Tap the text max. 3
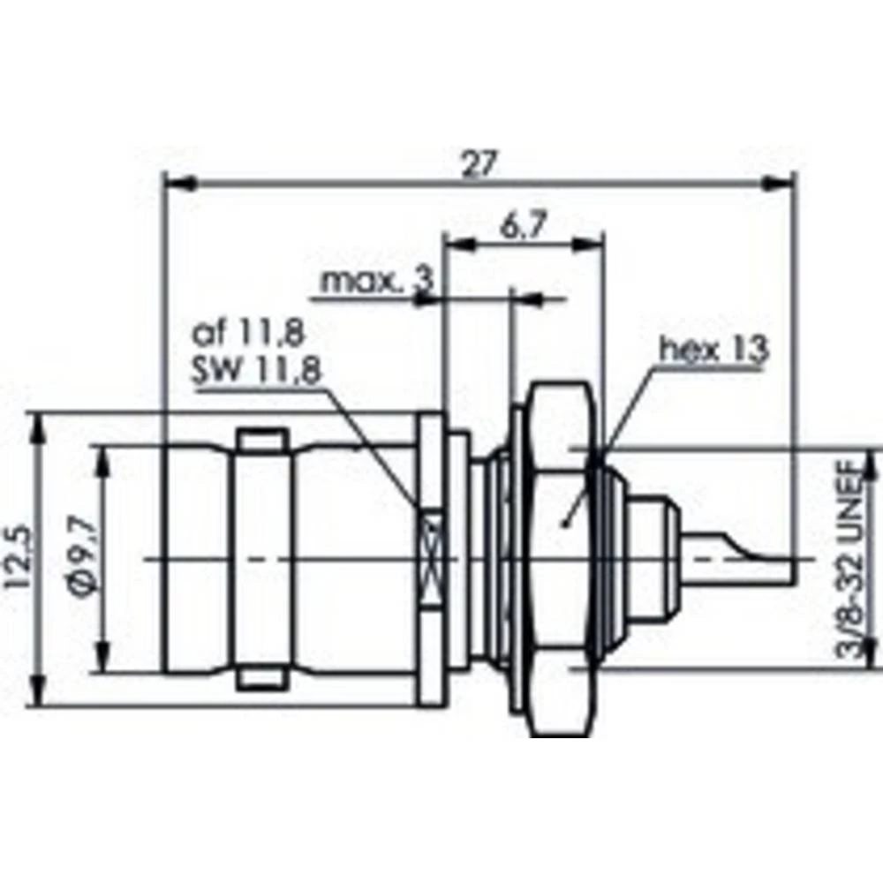377,282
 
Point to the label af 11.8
248,333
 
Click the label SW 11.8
256,371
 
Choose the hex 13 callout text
713,350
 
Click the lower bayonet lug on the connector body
262,678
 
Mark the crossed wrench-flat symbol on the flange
431,559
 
